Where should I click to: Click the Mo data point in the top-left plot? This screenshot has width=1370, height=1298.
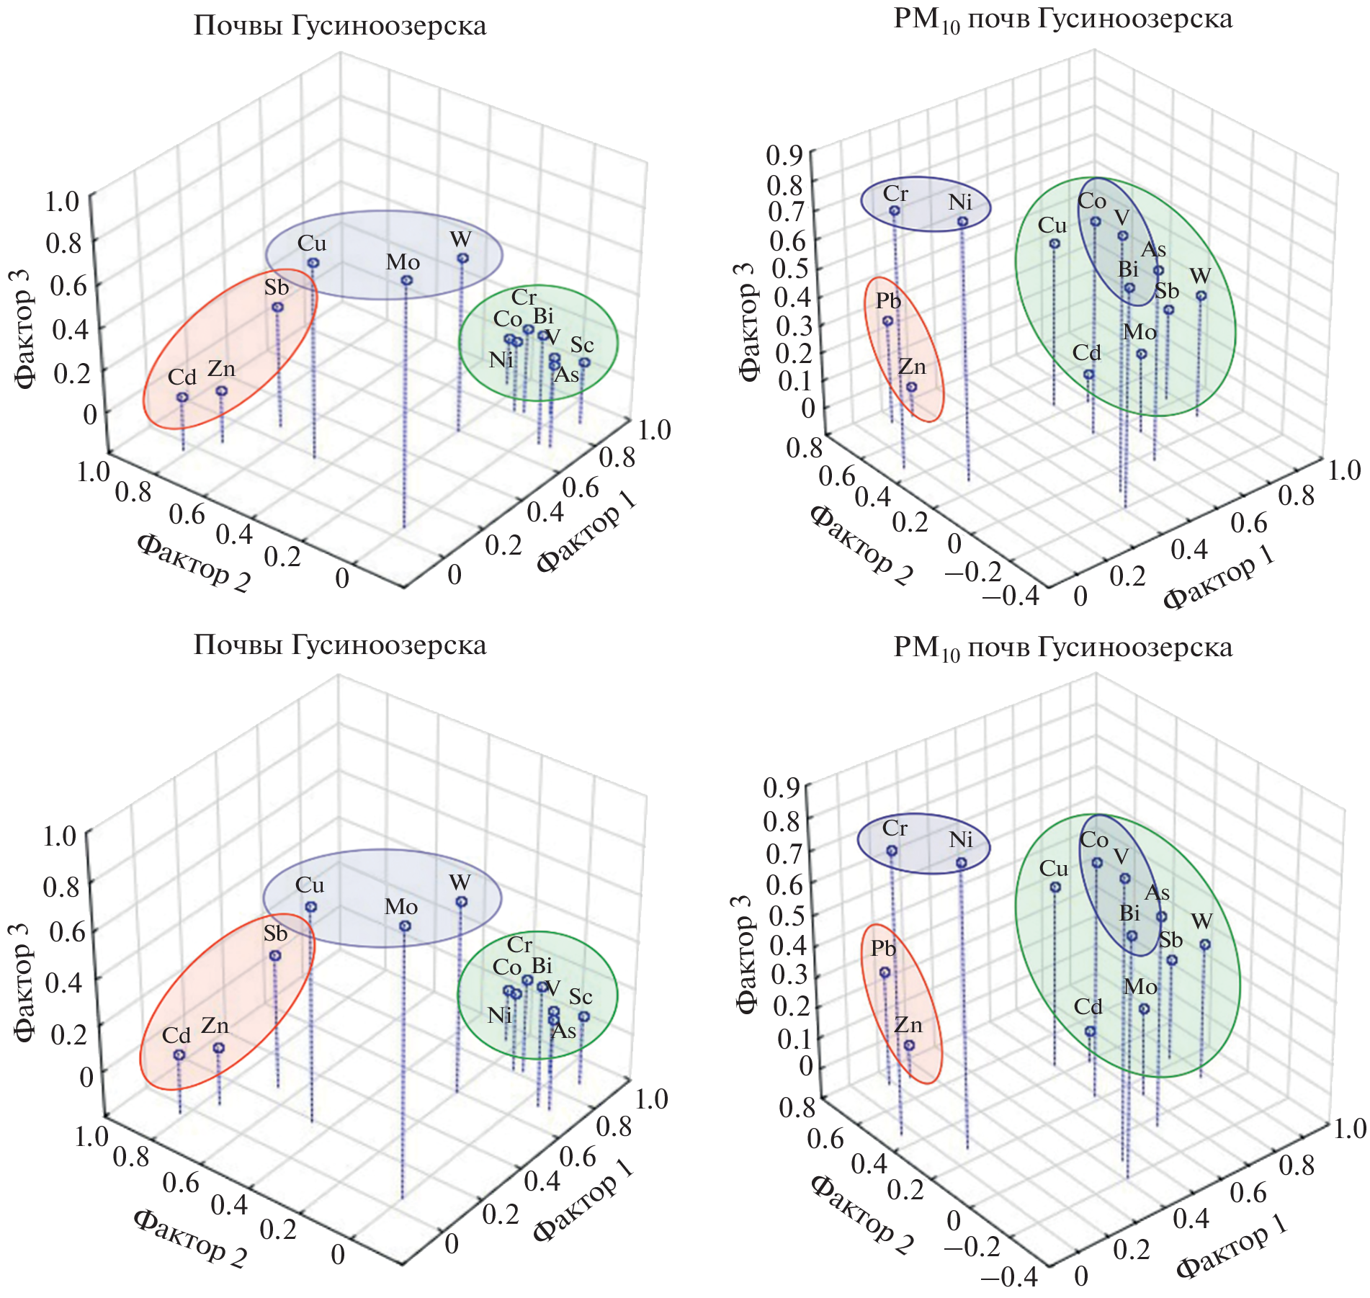(406, 280)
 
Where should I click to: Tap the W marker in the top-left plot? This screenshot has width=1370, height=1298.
(462, 258)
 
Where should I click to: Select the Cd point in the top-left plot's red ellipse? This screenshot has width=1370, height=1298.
(182, 397)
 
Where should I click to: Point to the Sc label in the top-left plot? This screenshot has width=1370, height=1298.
(581, 345)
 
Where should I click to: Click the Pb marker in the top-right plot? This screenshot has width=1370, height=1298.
(887, 321)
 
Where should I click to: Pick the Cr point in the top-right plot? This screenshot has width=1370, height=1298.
(894, 210)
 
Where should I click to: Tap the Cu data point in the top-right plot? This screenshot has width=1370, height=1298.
(1054, 243)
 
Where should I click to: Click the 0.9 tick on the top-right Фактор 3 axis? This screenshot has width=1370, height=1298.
(784, 155)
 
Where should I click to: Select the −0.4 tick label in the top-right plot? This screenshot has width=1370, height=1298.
(1011, 595)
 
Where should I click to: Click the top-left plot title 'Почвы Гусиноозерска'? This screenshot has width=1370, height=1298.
(340, 26)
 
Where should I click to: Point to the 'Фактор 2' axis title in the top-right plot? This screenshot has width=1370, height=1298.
(861, 544)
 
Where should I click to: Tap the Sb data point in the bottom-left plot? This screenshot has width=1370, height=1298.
(274, 955)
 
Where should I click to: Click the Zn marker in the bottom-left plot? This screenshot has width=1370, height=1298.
(218, 1047)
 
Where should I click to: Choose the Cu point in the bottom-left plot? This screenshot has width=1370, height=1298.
(310, 907)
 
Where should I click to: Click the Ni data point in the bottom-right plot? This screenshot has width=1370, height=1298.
(961, 862)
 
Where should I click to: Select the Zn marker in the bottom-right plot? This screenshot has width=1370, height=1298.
(908, 1044)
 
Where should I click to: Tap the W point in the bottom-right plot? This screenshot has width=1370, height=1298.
(1204, 944)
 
